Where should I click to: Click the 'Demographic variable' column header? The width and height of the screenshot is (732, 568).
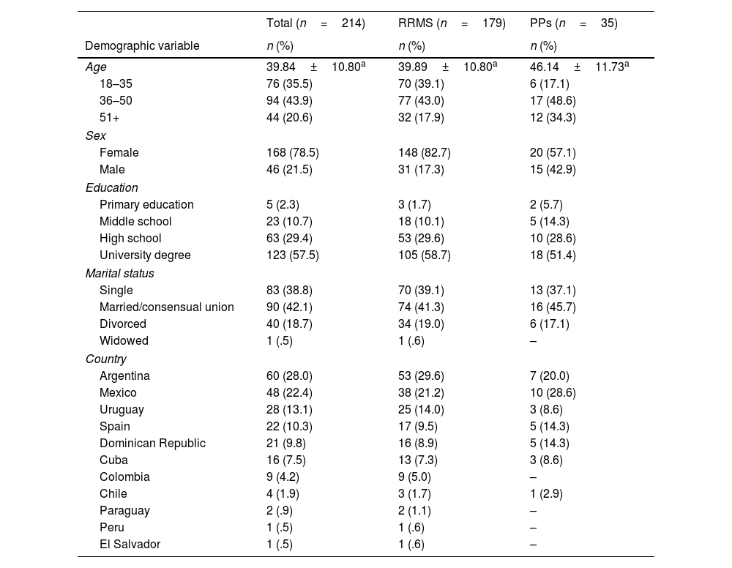(x=142, y=45)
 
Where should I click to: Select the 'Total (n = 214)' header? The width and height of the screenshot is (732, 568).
(x=315, y=23)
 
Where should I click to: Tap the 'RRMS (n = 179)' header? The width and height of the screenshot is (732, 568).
(x=452, y=23)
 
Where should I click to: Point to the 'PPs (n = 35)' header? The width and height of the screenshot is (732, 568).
(x=574, y=23)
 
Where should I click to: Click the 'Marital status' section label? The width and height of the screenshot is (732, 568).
(x=119, y=273)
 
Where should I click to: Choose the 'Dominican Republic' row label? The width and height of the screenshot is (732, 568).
(x=152, y=443)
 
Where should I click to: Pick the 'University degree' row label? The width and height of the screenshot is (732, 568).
(x=145, y=255)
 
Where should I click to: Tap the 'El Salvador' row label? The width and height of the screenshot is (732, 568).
(x=130, y=544)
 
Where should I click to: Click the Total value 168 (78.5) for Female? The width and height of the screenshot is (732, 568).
(x=292, y=153)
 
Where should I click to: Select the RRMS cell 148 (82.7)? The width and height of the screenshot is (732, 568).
(x=425, y=153)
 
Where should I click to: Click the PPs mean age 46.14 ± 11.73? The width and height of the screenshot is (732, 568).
(x=578, y=67)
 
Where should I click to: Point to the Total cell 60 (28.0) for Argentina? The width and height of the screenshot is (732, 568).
(x=289, y=375)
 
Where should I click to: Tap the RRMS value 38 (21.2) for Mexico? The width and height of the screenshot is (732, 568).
(x=421, y=392)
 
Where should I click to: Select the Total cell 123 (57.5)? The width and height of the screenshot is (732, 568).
(x=292, y=255)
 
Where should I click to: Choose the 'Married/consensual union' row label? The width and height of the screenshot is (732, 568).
(x=167, y=307)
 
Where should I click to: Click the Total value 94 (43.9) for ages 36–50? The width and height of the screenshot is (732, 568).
(x=289, y=100)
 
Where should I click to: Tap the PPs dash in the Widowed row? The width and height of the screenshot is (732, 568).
(x=533, y=340)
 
